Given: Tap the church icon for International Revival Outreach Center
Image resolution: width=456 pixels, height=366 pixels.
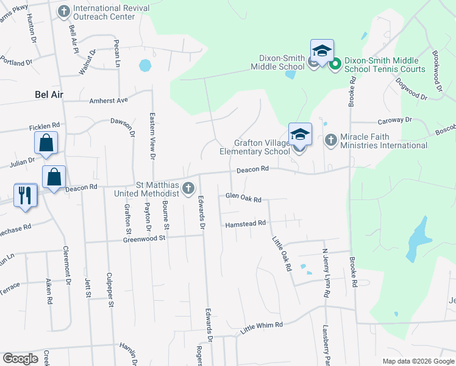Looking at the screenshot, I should [64, 11].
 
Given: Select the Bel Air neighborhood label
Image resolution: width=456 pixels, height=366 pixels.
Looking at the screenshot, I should [49, 95].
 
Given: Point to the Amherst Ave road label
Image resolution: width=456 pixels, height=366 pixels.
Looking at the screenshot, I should [109, 100].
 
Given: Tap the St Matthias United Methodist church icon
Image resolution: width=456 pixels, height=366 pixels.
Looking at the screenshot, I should [189, 187].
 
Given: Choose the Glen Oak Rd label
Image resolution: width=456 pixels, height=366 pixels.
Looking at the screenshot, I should [243, 198].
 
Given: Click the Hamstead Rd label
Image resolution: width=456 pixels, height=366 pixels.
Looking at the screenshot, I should [245, 224].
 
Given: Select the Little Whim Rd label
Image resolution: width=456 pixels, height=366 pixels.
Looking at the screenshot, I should [262, 325].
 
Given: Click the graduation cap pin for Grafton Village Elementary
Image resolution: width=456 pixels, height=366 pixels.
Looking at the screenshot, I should [300, 134].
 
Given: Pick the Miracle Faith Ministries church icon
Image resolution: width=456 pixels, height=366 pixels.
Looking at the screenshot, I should [330, 140].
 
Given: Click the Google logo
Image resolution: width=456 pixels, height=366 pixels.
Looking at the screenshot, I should [21, 359].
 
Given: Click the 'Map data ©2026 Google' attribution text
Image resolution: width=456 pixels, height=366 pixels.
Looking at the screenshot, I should [418, 361].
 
